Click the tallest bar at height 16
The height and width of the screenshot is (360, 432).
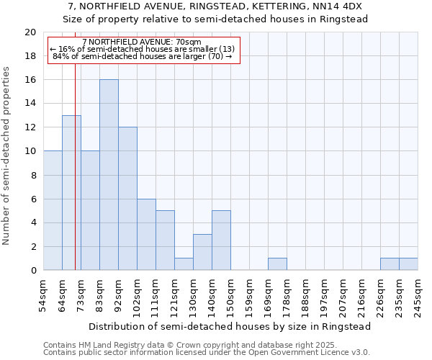(x=109, y=175)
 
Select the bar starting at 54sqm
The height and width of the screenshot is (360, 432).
(x=53, y=210)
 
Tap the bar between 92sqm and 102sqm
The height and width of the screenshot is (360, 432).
(x=127, y=199)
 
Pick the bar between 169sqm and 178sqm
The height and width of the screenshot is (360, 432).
(x=277, y=264)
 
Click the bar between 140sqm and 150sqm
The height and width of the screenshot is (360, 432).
(x=221, y=240)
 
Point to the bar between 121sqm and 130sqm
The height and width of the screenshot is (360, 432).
(x=184, y=264)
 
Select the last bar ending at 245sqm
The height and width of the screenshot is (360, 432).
(x=408, y=264)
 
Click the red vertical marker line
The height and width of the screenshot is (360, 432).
(x=75, y=180)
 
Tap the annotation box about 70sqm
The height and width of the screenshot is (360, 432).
(x=143, y=50)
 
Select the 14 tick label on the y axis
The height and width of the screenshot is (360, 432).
(x=30, y=104)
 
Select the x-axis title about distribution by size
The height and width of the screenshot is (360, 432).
(x=230, y=326)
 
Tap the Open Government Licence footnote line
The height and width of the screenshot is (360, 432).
(x=207, y=353)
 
